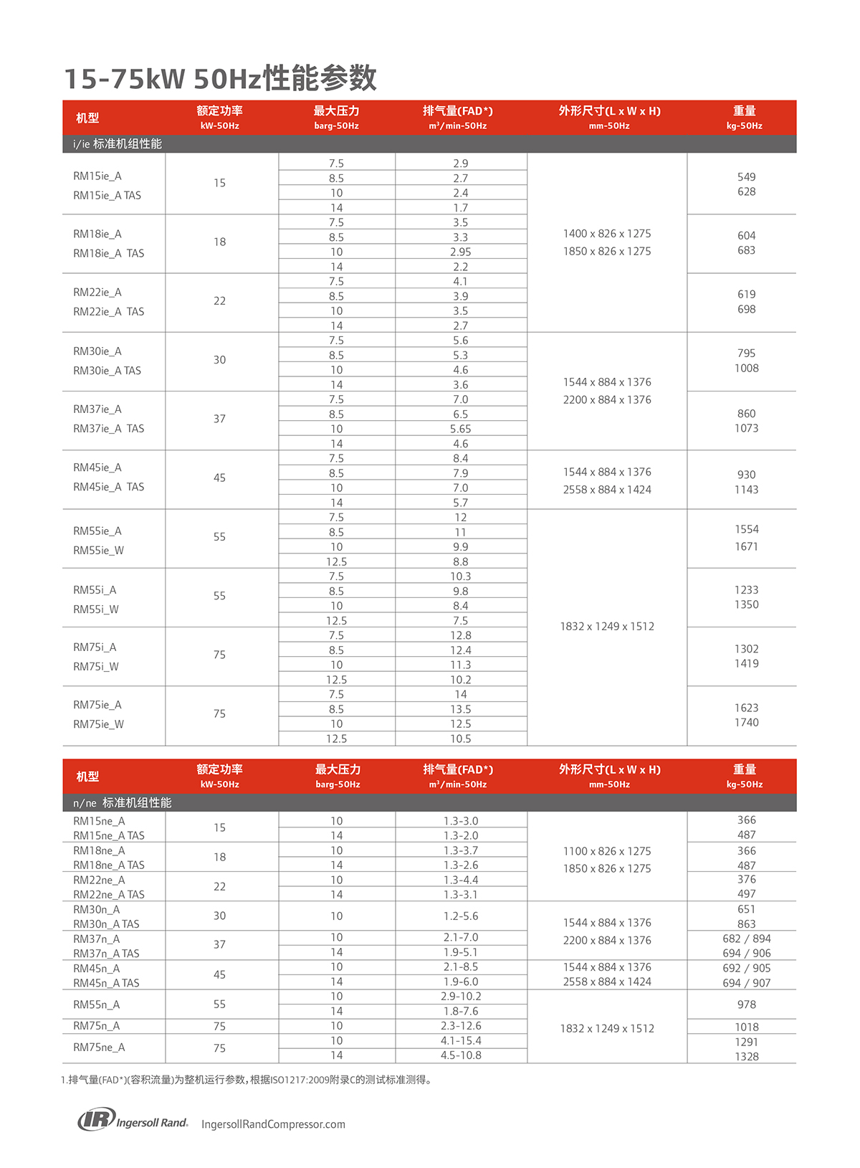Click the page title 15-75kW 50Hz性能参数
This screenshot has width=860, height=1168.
point(221,78)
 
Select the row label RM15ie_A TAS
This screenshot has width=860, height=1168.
point(107,195)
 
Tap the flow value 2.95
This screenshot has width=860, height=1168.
point(460,252)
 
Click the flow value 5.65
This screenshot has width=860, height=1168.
point(460,429)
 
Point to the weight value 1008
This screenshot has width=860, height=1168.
point(746,368)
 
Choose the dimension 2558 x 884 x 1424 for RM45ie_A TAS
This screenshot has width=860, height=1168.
point(607,490)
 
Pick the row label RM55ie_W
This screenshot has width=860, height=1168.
point(98,551)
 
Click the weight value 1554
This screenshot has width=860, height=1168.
point(746,529)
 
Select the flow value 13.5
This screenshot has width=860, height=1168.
point(460,709)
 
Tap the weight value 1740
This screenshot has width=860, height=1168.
point(746,723)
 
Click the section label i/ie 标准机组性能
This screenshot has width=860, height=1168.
point(118,144)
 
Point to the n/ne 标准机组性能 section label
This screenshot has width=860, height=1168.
point(122,803)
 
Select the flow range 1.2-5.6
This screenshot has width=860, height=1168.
point(460,916)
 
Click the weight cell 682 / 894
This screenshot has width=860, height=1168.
point(746,939)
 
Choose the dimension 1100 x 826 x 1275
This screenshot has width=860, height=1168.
point(607,851)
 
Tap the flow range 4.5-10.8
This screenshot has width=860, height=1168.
point(460,1055)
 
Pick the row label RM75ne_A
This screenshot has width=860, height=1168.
point(99,1048)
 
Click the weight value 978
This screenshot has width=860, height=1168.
point(746,1005)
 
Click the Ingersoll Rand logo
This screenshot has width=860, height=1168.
point(133,1120)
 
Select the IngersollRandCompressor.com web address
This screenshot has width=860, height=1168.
point(273,1124)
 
